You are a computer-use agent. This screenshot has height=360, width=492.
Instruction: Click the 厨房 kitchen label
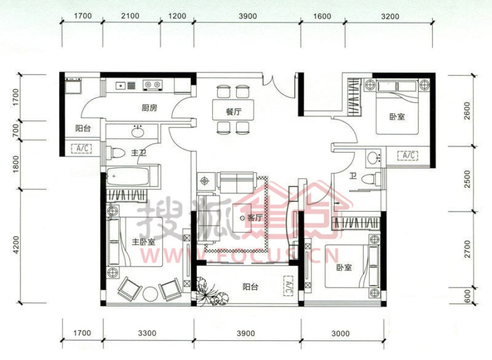tap(149, 108)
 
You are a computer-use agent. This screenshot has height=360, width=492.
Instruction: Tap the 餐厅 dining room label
tap(234, 112)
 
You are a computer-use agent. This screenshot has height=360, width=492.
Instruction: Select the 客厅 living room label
tap(255, 218)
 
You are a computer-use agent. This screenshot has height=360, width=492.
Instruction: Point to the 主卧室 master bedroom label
tap(143, 242)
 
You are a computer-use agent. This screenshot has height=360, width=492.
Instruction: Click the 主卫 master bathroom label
tap(138, 153)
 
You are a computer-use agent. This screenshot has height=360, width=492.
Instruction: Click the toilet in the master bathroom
tap(116, 153)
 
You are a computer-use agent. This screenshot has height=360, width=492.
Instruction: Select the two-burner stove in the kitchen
tap(153, 85)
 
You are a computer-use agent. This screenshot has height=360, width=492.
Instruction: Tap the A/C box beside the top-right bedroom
tap(408, 155)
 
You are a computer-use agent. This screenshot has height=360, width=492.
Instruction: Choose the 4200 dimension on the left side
tap(16, 245)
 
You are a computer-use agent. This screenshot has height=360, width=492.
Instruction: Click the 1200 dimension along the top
tap(177, 16)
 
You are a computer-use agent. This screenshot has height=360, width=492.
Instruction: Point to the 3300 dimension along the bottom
tap(147, 333)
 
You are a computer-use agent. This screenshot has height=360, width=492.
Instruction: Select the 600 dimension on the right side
tap(467, 295)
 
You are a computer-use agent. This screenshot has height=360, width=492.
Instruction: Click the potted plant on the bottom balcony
tap(209, 292)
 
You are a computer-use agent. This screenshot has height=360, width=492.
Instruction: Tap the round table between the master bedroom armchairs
tap(150, 294)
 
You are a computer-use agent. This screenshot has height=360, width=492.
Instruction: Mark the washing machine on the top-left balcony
tap(73, 85)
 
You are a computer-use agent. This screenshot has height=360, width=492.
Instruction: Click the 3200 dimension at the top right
tap(390, 16)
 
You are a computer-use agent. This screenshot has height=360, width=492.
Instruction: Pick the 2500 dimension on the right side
tap(467, 179)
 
